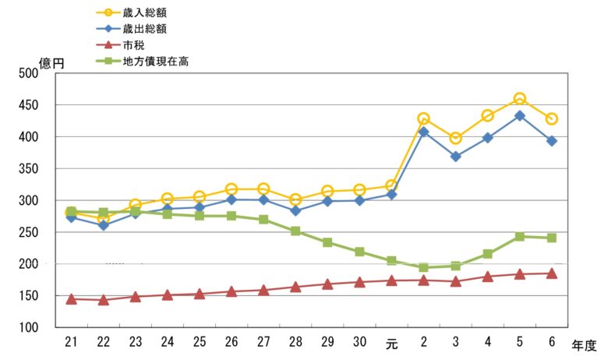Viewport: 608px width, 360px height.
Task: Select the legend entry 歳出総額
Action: tap(150, 28)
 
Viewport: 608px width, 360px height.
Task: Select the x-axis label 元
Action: tap(391, 343)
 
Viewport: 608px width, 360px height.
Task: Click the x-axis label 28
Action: tap(295, 343)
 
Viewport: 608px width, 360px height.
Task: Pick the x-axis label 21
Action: tap(71, 343)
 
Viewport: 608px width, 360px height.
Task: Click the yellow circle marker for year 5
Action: tap(519, 99)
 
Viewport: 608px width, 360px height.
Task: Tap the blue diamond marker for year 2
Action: tap(423, 132)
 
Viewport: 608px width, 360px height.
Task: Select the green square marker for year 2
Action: tap(423, 267)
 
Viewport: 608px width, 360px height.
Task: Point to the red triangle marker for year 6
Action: tap(551, 274)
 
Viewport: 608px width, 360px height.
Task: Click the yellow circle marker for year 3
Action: tap(455, 138)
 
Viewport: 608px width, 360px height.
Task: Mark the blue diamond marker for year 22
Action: tap(103, 225)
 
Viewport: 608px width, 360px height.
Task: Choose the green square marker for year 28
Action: tap(295, 231)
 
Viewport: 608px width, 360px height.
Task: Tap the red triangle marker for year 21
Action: tap(71, 298)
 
